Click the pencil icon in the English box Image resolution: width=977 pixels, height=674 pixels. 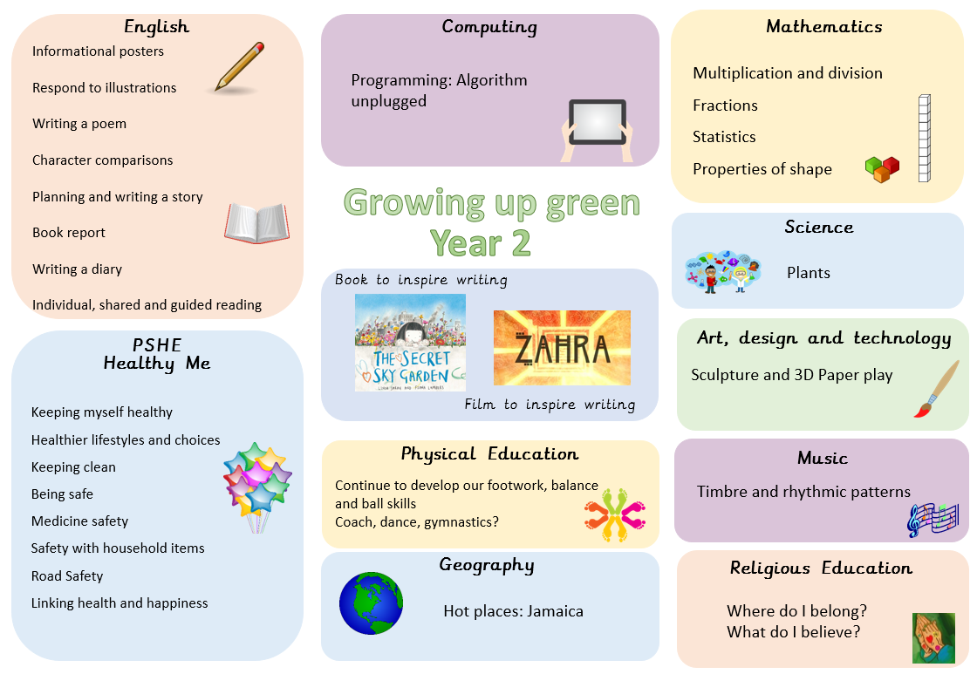pos(239,67)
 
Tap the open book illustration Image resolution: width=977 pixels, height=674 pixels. pos(256,222)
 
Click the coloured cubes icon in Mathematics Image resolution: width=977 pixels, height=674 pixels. pos(882,169)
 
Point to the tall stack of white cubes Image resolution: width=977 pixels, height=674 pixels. pos(925,139)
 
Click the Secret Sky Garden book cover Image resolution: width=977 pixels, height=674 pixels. pos(410,343)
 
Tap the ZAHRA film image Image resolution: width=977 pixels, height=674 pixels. pos(562,348)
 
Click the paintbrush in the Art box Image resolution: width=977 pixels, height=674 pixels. pos(937,390)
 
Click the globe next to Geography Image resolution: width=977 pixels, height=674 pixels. pos(371,603)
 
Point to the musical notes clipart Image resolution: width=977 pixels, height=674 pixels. pos(933,519)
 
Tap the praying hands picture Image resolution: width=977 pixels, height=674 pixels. pos(933,638)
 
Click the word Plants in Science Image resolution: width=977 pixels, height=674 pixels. pos(808,273)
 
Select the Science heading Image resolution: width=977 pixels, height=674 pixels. pos(819,227)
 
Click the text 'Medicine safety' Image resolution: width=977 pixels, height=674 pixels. pos(79,521)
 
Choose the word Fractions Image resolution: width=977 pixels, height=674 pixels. pos(725,106)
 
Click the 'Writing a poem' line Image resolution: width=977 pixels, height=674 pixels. pos(79,123)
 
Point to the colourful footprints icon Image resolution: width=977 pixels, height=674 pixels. pos(615,514)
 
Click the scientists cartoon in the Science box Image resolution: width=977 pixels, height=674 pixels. pos(723,271)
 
